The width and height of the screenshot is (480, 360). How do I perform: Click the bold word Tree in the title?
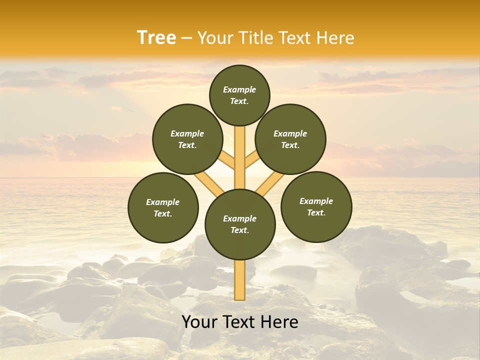click(156, 38)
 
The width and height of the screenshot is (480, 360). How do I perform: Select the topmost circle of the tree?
click(239, 95)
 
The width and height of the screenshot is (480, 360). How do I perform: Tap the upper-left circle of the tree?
click(187, 139)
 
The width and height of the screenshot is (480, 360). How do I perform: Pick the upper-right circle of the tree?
click(290, 139)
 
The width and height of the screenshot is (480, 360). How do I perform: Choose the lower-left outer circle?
click(163, 207)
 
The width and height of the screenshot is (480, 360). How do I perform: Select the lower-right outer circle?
click(316, 206)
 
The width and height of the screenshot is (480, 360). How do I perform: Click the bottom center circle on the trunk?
click(240, 224)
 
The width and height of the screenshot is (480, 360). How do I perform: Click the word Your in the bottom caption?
click(199, 322)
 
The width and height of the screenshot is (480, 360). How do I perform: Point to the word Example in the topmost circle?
click(239, 89)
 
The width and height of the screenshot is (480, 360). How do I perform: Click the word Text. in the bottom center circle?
click(239, 230)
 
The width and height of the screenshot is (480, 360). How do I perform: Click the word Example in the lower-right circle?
click(316, 201)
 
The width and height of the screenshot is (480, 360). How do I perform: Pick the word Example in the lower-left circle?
click(162, 202)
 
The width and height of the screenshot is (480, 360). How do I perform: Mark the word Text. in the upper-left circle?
click(187, 145)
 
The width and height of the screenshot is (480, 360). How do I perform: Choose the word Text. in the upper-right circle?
click(290, 145)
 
